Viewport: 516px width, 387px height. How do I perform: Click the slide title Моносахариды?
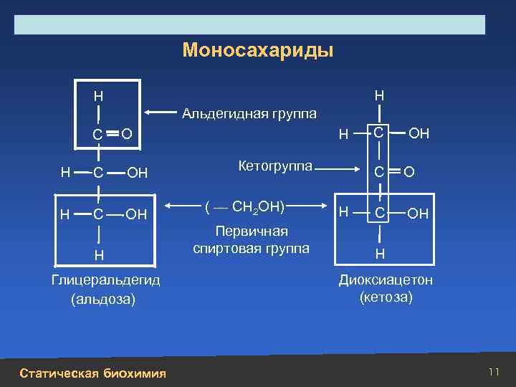258,51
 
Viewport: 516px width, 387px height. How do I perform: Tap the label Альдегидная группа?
249,113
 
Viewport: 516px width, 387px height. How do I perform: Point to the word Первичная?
252,231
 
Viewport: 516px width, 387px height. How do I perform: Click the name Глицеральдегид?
105,279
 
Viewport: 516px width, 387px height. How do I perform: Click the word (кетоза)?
386,297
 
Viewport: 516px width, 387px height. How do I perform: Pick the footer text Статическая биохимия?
93,373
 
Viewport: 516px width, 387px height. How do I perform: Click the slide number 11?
493,371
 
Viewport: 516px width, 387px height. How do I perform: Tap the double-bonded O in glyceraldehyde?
125,133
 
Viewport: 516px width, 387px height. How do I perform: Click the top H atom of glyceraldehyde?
98,96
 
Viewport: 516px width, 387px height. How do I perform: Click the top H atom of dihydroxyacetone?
379,95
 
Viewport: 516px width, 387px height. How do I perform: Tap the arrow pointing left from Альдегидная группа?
162,113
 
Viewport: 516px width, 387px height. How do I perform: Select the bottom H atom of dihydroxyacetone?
379,254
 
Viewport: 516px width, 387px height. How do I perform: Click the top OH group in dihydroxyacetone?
419,133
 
